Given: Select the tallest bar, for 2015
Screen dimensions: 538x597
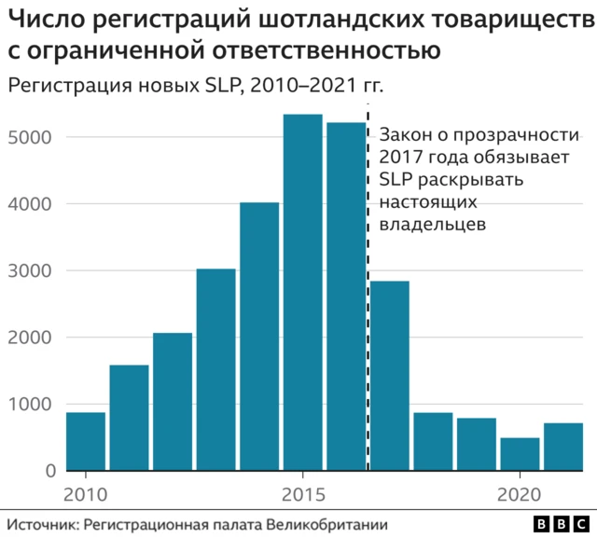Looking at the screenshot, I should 302,293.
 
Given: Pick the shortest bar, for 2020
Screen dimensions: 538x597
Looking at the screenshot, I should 520,454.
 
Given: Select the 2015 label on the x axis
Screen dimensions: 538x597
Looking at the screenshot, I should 302,493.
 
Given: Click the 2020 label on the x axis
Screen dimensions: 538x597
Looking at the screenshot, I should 520,493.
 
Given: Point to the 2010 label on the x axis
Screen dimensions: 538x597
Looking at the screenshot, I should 85,493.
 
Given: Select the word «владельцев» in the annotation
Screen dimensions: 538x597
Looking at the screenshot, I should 434,225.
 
